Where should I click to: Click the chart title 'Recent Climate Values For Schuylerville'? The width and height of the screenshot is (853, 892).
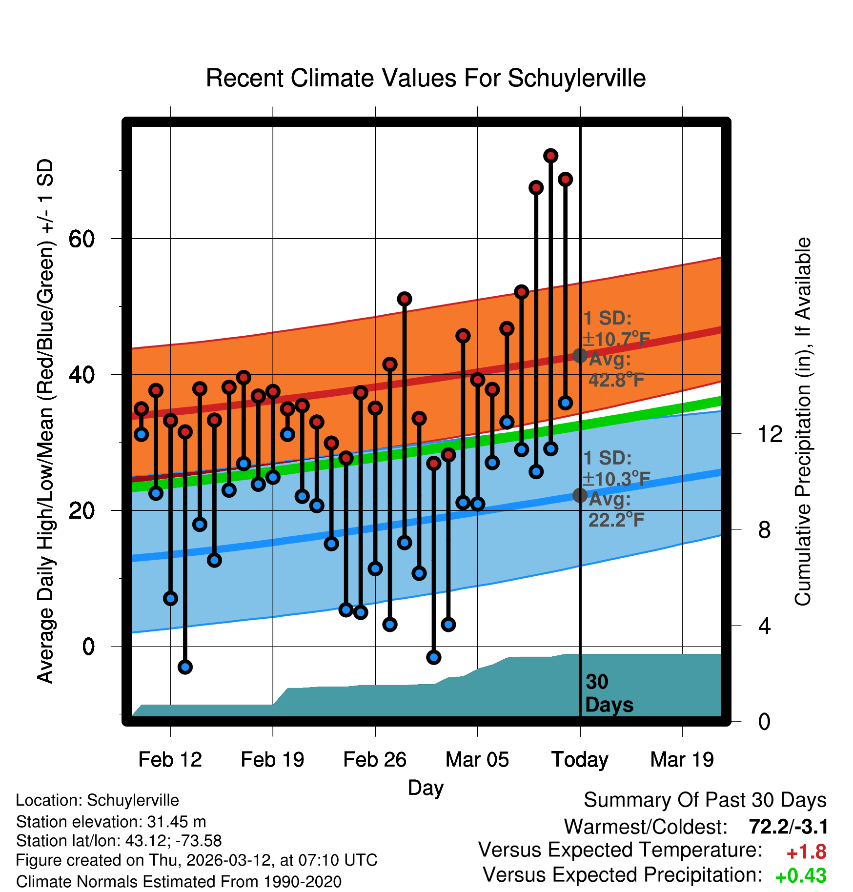426,78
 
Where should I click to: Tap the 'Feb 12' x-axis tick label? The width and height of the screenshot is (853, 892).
170,760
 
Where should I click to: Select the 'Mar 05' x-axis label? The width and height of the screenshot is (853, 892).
477,760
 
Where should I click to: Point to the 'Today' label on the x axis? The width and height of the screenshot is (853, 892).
580,760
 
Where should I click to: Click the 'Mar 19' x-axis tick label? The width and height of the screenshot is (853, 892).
682,760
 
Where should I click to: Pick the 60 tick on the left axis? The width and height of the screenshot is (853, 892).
81,239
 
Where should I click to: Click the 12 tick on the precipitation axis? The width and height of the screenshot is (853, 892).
770,434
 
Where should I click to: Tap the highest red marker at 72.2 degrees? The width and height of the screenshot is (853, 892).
550,156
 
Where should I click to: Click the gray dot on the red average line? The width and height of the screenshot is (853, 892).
580,355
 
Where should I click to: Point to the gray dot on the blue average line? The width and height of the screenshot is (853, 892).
580,495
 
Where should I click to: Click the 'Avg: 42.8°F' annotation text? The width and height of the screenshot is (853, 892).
616,370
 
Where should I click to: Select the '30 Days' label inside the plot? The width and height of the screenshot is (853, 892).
609,693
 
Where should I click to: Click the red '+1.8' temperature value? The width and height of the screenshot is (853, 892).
806,852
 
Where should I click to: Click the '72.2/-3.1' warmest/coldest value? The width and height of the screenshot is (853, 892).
788,827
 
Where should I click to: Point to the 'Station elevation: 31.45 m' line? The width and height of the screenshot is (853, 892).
111,822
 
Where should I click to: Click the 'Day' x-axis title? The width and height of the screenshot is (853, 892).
426,788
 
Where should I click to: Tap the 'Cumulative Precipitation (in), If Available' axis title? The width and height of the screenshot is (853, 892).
803,422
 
